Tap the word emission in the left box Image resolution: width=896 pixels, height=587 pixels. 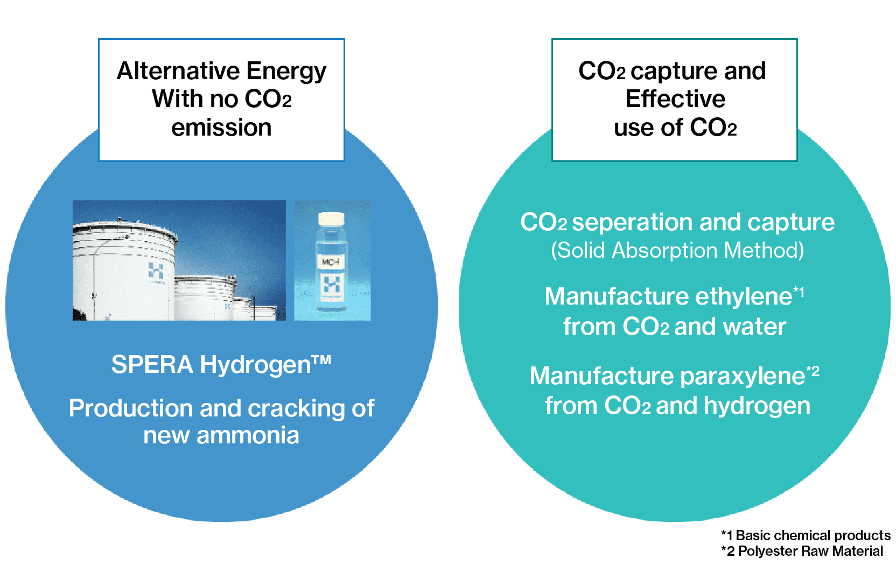point(222,128)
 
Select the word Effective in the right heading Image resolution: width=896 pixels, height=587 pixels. point(675,98)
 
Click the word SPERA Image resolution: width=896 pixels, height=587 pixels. point(152,364)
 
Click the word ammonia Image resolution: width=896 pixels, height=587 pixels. point(248,435)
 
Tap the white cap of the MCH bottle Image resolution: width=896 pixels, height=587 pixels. point(331,218)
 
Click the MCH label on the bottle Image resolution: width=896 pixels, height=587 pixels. point(331,261)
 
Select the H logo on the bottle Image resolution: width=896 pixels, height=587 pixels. point(332,285)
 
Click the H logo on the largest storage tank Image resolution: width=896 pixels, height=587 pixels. point(156,271)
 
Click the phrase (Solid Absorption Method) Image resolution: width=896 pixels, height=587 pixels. point(677,251)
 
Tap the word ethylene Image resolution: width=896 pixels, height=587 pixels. point(743,297)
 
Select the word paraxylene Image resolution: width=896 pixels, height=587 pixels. point(743,377)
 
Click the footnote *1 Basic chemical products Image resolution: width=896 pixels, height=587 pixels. point(806,535)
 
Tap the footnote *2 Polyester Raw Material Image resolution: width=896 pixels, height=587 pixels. point(802,551)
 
